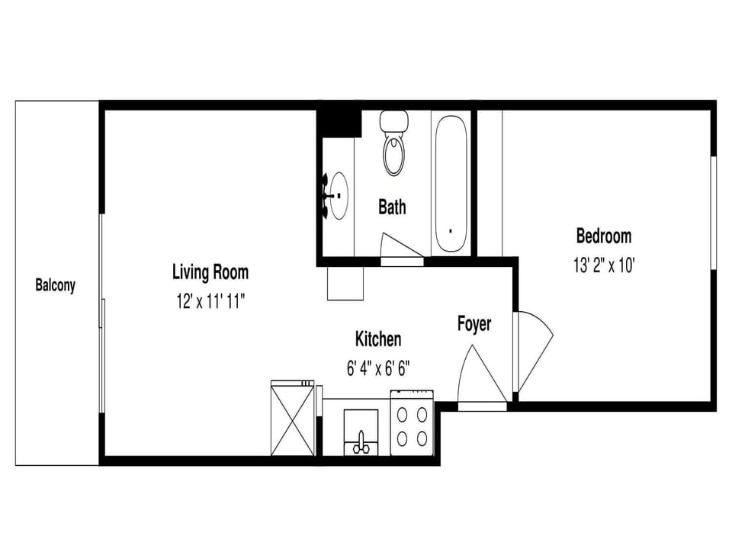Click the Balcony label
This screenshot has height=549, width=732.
pos(55,284)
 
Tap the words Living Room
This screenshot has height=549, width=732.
pos(210,271)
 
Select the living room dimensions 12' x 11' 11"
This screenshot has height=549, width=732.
pos(210,302)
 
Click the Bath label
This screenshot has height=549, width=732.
pos(392,207)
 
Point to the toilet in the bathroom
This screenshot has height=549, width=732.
pos(394,143)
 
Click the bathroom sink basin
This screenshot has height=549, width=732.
pos(338,196)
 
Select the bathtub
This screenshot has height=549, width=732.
pos(451,183)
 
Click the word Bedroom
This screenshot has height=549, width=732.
pos(604,236)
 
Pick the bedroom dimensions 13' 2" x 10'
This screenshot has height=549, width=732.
pos(604,265)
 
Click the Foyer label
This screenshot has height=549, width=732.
pos(474,324)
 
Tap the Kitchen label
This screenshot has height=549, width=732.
pos(378,339)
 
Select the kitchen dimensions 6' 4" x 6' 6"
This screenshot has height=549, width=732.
pos(378,369)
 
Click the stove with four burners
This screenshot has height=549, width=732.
pos(413,422)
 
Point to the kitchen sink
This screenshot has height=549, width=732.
pos(361,432)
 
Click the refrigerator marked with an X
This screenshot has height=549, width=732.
pos(293,418)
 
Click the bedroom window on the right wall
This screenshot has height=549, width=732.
pos(714,213)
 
